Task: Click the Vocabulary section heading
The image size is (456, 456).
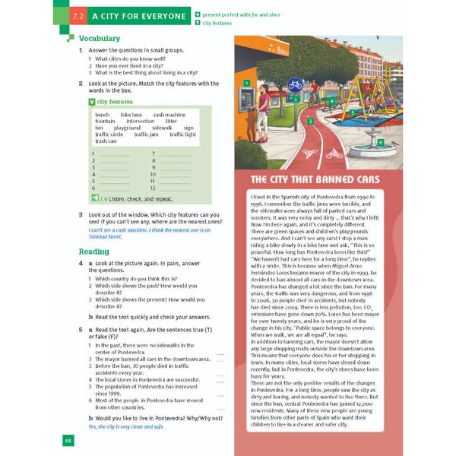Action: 100,38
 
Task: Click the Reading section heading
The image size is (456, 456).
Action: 93,252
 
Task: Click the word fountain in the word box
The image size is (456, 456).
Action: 106,121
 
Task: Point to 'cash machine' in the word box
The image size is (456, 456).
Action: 169,115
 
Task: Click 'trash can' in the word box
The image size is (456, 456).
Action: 106,141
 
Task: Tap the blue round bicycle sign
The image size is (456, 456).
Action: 295,84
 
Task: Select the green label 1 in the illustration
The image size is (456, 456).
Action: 248,83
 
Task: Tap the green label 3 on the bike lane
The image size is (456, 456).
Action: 310,120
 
